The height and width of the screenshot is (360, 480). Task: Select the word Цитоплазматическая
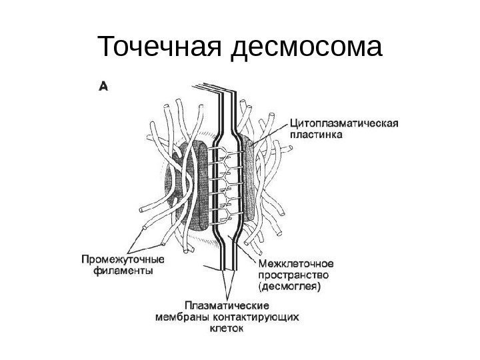click(344, 123)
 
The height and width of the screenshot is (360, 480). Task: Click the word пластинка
click(317, 134)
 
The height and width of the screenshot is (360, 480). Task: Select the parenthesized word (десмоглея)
click(289, 287)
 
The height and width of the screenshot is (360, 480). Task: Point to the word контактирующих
click(252, 316)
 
